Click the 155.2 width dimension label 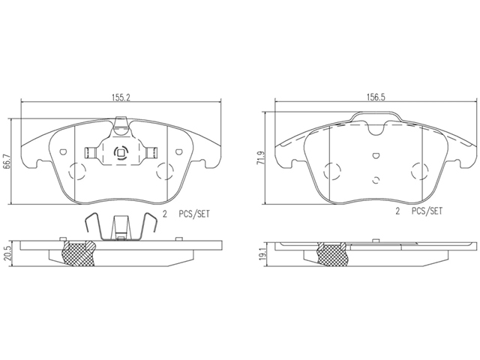(x=121, y=97)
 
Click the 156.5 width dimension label (x=376, y=97)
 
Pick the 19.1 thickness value (x=261, y=253)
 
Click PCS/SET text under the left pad (x=194, y=214)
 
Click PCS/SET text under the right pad (x=427, y=211)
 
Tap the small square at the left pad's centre (x=120, y=152)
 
